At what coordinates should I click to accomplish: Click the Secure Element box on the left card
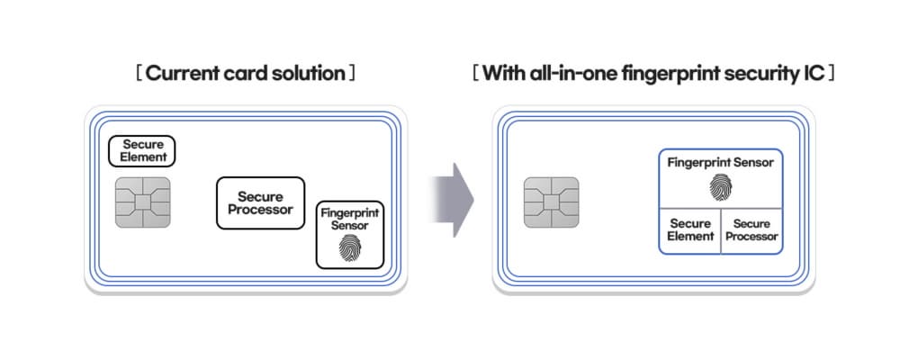[142, 151]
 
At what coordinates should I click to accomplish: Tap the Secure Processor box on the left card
[260, 203]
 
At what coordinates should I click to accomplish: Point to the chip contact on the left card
[143, 202]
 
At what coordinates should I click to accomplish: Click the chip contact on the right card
[551, 202]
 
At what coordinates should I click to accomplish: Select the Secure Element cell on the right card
[690, 230]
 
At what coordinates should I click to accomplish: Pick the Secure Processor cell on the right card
[751, 230]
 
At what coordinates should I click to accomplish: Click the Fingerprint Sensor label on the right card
[721, 163]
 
